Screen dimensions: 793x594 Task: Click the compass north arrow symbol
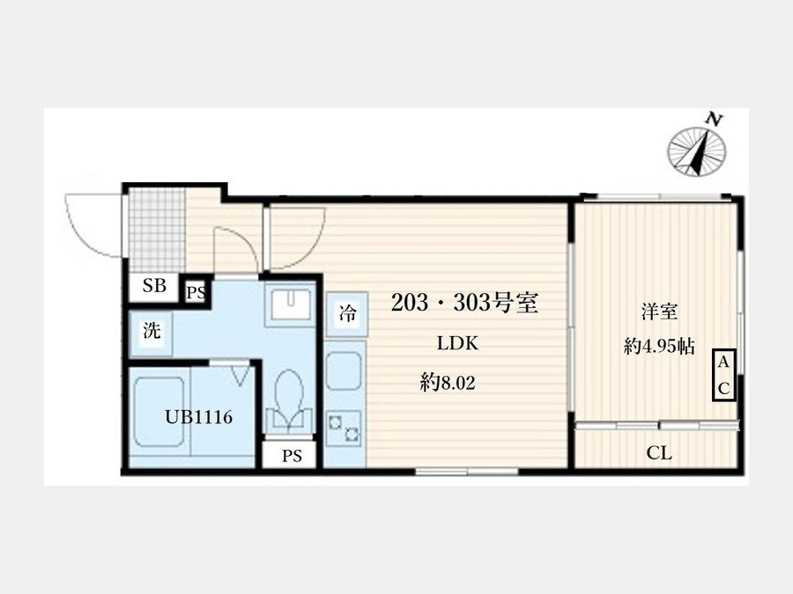696,151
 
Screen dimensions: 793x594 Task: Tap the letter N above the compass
714,119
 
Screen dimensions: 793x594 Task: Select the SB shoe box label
154,286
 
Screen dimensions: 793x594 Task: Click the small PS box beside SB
196,292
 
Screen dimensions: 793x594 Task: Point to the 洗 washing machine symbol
152,332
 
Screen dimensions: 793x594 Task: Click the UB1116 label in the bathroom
199,417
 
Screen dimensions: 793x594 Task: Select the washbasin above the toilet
290,304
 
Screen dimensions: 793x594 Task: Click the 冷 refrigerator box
347,314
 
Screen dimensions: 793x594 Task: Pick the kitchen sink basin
345,371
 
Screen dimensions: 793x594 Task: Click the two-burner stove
344,429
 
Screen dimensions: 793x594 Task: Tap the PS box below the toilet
292,456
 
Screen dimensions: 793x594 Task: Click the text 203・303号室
464,303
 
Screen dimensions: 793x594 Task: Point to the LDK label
457,343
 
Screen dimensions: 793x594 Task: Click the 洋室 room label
659,312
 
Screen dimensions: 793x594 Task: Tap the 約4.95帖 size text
659,347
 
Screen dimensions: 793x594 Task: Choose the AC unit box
723,375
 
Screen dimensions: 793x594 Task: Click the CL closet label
659,453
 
